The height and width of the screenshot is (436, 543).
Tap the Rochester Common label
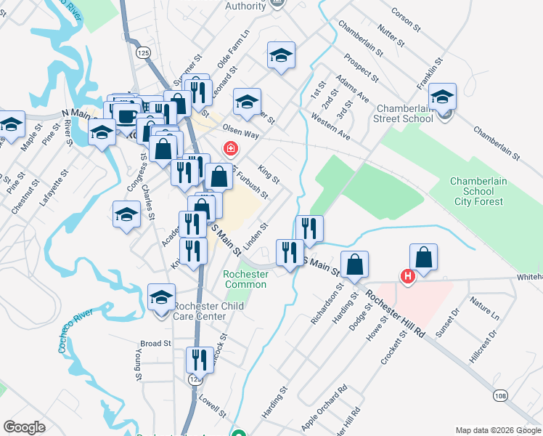(245, 279)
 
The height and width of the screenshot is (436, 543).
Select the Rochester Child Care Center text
(209, 311)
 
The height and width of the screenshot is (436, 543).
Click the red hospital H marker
(408, 276)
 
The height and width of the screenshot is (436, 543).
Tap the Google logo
(24, 427)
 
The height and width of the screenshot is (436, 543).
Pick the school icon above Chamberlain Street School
(441, 97)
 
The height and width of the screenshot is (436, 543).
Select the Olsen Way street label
(241, 130)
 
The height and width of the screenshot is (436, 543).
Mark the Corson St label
(406, 20)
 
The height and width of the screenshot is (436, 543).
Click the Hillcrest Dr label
(483, 346)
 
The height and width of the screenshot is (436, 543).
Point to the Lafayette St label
(47, 190)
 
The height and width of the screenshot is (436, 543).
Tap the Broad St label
(155, 343)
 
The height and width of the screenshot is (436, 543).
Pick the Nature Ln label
(484, 308)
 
